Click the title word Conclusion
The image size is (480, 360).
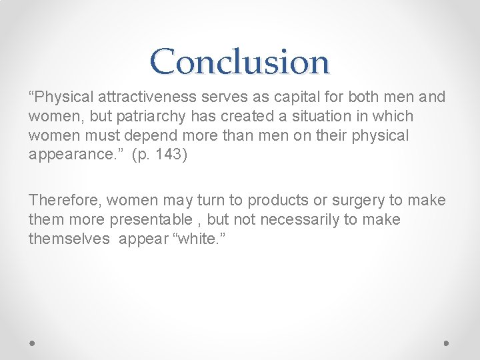pos(240,62)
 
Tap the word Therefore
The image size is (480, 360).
pos(65,200)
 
